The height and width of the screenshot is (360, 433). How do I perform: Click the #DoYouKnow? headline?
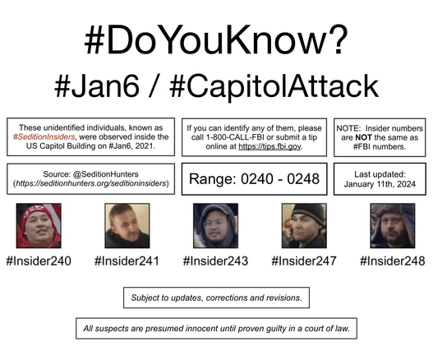[x=216, y=39]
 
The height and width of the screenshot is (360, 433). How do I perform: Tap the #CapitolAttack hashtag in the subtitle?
[x=274, y=86]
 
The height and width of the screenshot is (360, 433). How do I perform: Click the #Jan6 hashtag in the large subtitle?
[x=97, y=86]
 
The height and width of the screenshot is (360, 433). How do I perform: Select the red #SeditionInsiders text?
[x=44, y=136]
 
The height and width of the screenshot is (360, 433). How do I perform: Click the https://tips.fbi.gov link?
[x=269, y=146]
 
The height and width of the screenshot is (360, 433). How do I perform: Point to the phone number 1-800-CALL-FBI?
[x=234, y=137]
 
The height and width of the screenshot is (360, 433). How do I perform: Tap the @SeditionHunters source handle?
[x=106, y=174]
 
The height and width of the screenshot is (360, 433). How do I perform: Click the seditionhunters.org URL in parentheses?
[x=91, y=183]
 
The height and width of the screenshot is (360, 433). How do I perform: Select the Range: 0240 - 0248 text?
[x=255, y=178]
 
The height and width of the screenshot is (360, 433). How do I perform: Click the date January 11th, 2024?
[x=380, y=184]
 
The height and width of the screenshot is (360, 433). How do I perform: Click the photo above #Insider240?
[x=39, y=226]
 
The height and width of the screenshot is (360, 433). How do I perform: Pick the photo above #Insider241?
[x=127, y=226]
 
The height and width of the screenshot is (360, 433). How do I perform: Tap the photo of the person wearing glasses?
[x=215, y=226]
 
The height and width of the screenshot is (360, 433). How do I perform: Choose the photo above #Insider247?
[x=304, y=226]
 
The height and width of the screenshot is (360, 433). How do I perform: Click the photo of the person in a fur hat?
[x=393, y=226]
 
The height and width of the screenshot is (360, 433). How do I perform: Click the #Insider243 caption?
[x=215, y=261]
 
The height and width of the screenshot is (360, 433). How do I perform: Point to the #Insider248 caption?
[x=393, y=261]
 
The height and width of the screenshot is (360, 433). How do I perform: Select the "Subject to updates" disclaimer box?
[x=217, y=298]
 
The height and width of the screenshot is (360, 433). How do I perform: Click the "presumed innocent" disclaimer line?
[x=217, y=329]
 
